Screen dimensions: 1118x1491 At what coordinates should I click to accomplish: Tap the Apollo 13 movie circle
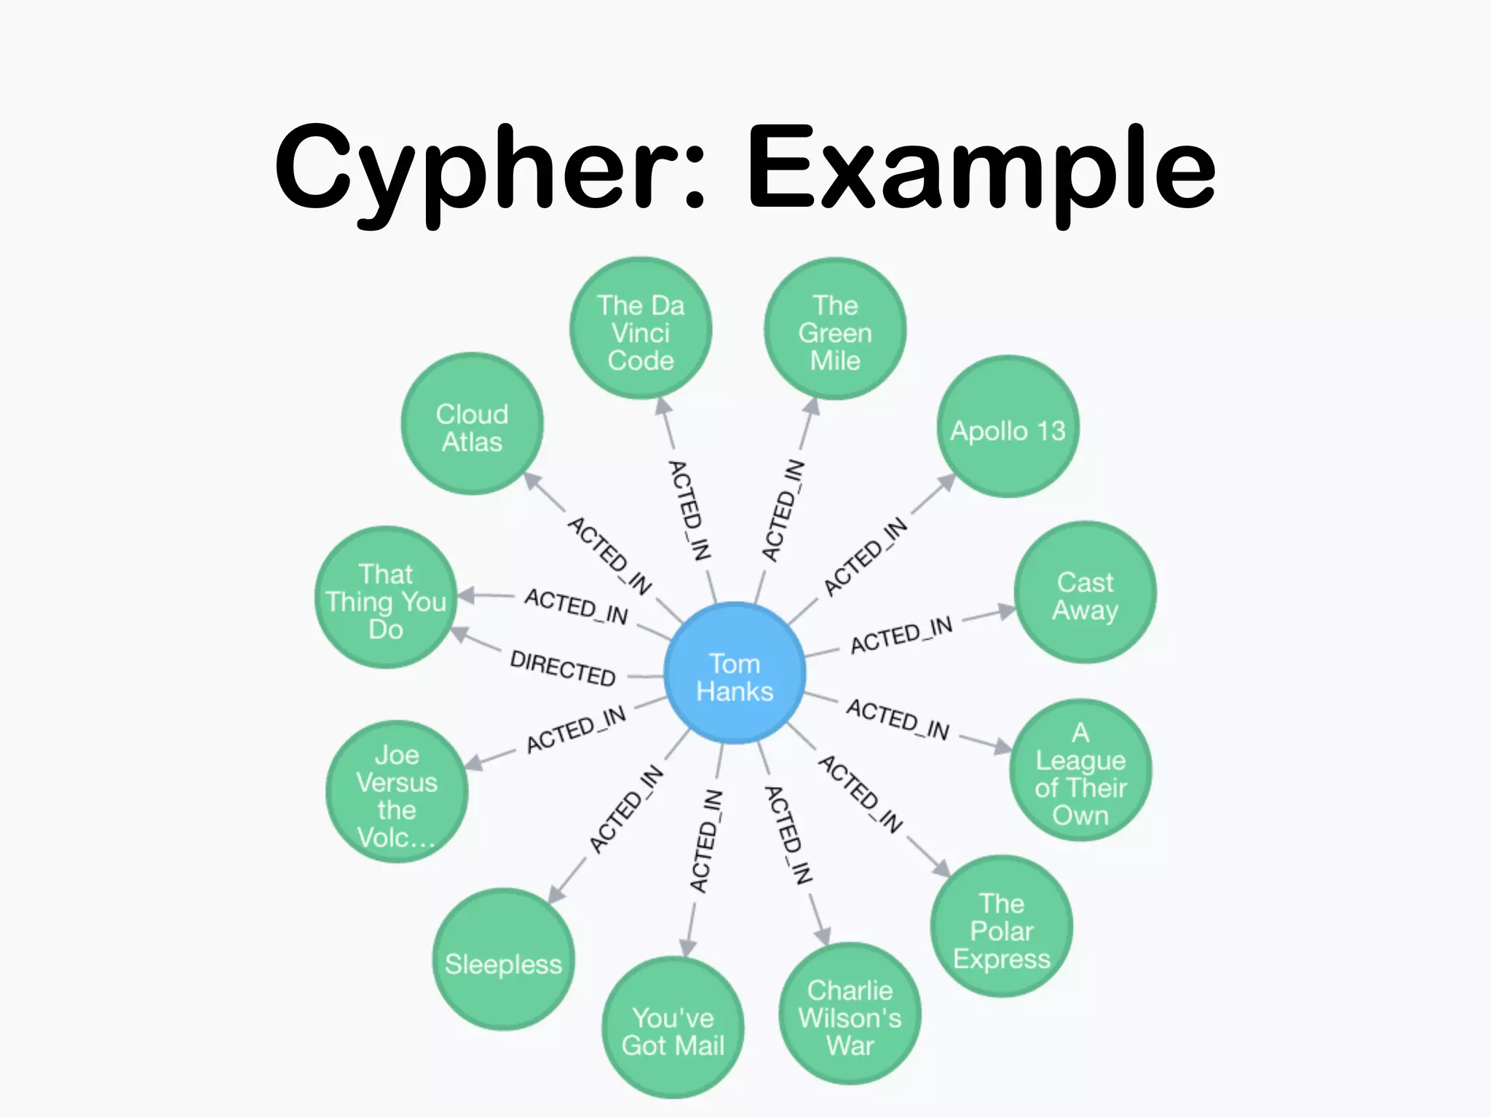(1008, 428)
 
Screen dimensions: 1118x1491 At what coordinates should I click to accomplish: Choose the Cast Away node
(1085, 592)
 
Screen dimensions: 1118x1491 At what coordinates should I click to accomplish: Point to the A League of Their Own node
(1080, 772)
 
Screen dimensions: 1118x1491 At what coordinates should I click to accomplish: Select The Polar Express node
(1002, 927)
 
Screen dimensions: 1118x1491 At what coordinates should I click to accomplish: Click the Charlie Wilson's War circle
(850, 1015)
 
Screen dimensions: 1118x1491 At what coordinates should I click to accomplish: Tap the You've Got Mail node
(673, 1028)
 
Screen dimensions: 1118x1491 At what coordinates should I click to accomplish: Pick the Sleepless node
(503, 961)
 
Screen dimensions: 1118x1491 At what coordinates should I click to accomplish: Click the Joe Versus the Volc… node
(397, 793)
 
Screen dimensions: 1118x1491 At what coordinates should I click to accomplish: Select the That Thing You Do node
(386, 598)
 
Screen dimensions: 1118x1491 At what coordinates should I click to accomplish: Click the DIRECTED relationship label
(563, 667)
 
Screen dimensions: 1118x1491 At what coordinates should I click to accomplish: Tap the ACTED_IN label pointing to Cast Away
(901, 635)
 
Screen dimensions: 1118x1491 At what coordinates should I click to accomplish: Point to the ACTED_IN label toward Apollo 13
(865, 557)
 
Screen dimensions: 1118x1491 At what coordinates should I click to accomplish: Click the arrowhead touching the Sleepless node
(557, 894)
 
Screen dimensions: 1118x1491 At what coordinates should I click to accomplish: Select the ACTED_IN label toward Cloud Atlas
(609, 555)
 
